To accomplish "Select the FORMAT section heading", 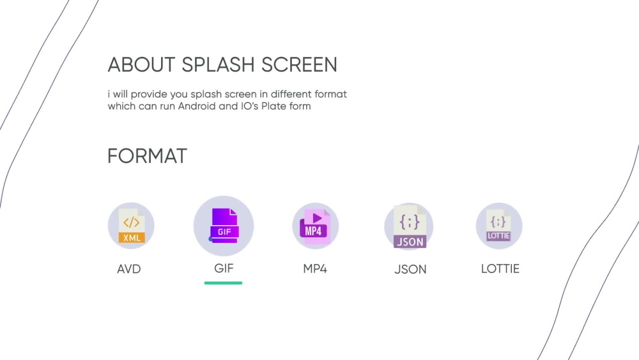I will (x=147, y=156).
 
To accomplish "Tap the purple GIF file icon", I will (x=224, y=226).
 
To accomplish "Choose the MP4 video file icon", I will (x=315, y=226).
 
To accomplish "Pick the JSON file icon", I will (x=409, y=226).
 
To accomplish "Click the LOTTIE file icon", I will (x=499, y=226).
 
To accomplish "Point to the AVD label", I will (x=129, y=269).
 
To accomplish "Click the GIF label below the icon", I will (x=224, y=268).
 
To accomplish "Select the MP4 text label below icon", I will (x=315, y=269).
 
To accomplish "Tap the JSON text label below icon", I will (x=410, y=270).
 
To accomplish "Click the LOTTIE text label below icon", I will (x=500, y=269).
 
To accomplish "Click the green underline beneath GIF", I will (x=224, y=283).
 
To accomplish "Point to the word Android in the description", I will (x=197, y=106).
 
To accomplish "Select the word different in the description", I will (x=294, y=94).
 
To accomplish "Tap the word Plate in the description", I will (x=279, y=106).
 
